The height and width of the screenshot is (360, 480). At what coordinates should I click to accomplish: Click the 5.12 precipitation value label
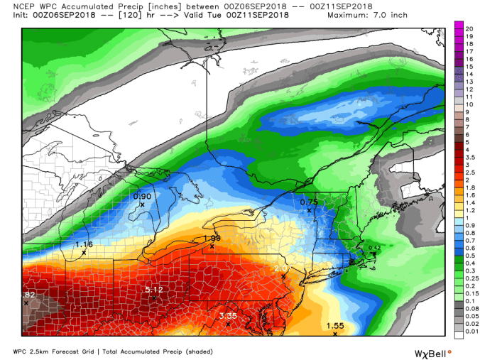154,290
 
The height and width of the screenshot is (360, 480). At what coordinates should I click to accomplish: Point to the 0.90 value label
143,196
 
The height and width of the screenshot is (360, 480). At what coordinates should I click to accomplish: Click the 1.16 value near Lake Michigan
84,244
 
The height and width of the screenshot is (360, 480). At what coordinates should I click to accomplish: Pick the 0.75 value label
309,202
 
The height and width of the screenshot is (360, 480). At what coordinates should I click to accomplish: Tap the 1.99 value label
212,238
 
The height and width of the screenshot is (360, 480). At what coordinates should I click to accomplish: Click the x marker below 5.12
154,298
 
